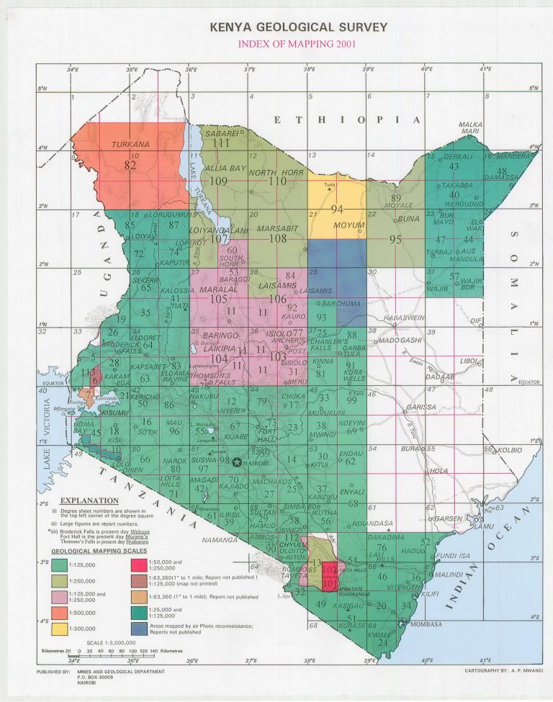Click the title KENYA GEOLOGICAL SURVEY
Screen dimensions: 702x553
pos(298,27)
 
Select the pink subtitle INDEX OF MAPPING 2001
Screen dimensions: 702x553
pos(297,44)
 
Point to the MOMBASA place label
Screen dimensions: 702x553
pos(424,624)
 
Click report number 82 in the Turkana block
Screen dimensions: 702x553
pos(130,165)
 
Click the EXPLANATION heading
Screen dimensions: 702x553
pos(89,500)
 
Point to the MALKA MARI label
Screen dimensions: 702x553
pos(470,127)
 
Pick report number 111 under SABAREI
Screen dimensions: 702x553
pos(220,143)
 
